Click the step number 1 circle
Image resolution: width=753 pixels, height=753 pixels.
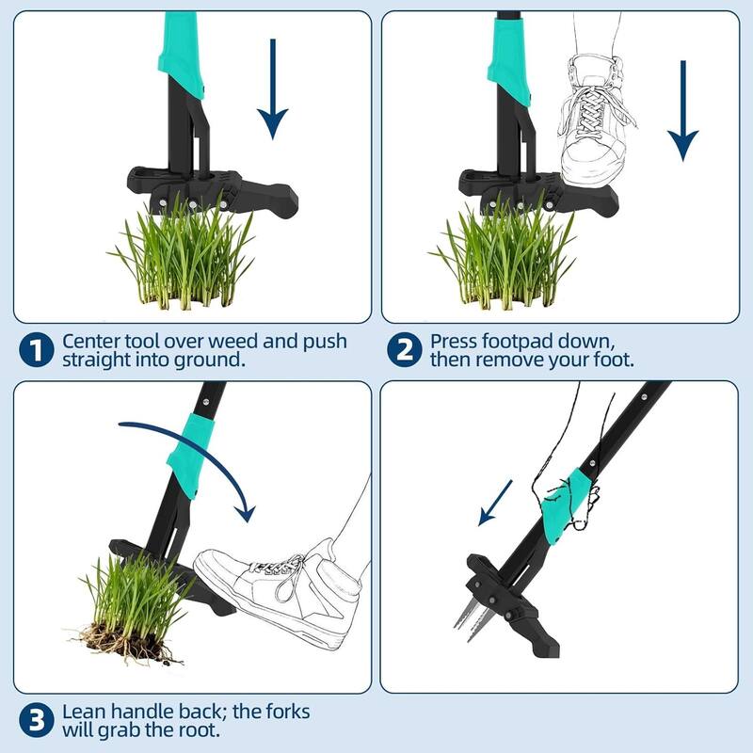[x=36, y=350]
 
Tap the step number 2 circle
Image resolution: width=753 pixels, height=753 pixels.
[x=403, y=350]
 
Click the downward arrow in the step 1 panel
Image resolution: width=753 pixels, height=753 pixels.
[x=273, y=89]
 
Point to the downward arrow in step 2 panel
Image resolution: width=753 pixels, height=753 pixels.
[x=683, y=108]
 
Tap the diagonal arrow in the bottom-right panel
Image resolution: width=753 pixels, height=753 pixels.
[x=495, y=503]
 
